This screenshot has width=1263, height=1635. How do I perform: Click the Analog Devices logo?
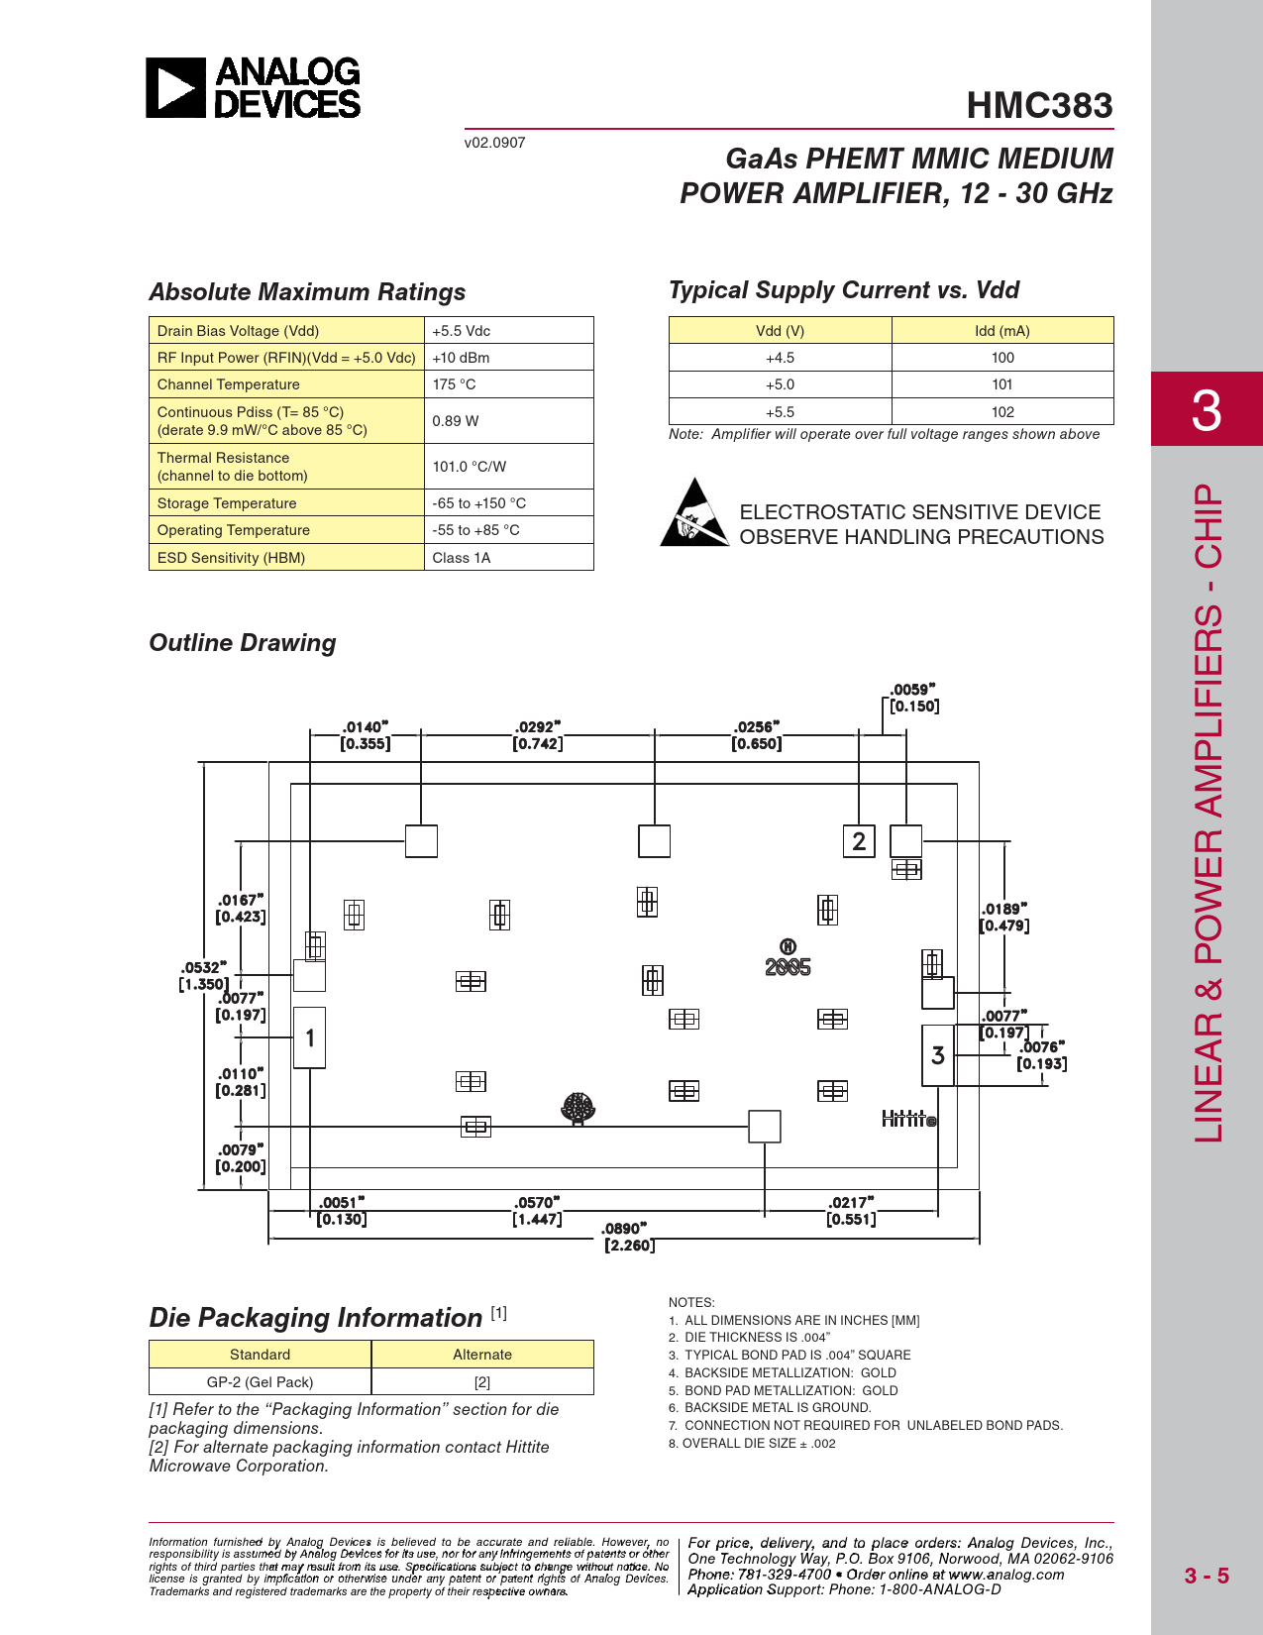tap(254, 88)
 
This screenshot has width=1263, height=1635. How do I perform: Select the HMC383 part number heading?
tap(1039, 105)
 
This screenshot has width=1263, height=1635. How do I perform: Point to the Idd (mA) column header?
tap(1001, 331)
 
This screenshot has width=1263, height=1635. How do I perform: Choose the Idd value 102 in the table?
tap(1001, 412)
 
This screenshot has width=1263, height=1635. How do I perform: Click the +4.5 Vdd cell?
tap(780, 358)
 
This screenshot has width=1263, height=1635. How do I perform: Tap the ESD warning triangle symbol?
tap(694, 513)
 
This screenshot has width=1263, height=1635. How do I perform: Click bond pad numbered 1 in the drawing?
tap(310, 1037)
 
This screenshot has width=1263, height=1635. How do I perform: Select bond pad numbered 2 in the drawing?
tap(859, 841)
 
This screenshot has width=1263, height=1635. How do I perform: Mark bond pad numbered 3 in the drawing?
tap(938, 1055)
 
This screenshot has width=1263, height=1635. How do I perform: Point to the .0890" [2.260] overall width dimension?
tap(627, 1237)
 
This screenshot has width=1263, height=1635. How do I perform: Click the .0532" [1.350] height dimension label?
tap(203, 976)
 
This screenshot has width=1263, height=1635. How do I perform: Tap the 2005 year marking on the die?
tap(788, 967)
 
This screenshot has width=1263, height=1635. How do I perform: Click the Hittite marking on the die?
tap(908, 1119)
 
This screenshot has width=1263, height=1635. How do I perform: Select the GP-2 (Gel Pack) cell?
tap(260, 1382)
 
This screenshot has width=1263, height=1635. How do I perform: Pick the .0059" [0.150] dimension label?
tap(913, 698)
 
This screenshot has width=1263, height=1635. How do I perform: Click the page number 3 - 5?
tap(1206, 1576)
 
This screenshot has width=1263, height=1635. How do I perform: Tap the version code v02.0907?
tap(494, 143)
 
